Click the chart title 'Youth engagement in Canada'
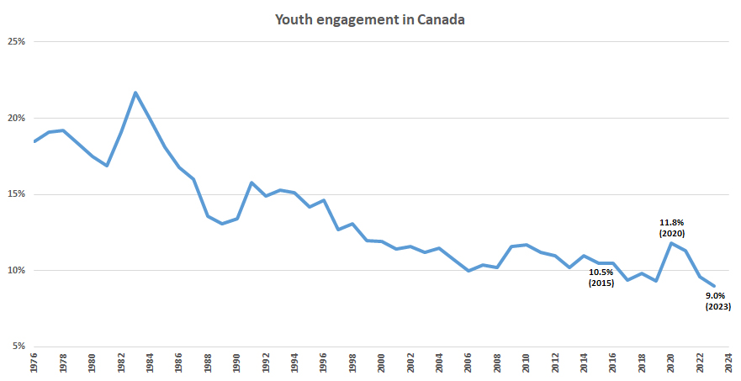[x=370, y=19]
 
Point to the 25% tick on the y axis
[x=16, y=42]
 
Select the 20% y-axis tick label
[x=16, y=119]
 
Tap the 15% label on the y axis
[x=16, y=194]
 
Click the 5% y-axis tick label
[x=19, y=347]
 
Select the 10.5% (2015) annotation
[x=601, y=278]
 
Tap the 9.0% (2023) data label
[x=717, y=301]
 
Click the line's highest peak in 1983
[x=135, y=93]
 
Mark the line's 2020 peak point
[x=671, y=243]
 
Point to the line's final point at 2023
[x=714, y=286]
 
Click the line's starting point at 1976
[x=34, y=141]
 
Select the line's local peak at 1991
[x=251, y=183]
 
